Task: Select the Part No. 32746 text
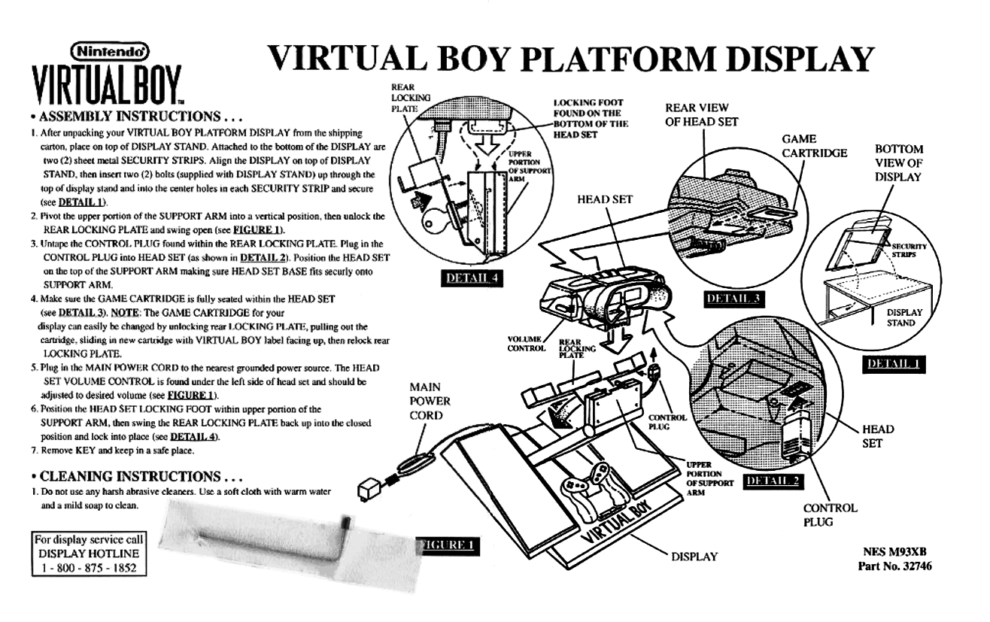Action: click(x=895, y=566)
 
